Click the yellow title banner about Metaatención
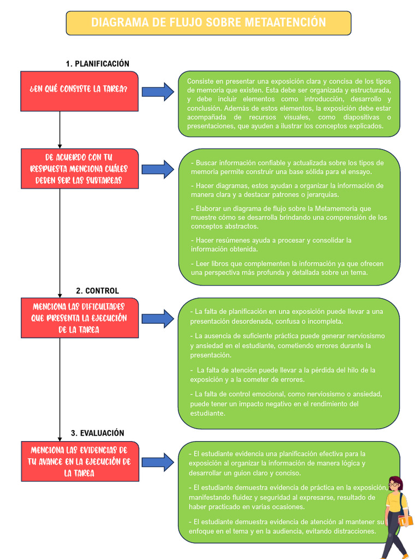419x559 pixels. click(x=208, y=23)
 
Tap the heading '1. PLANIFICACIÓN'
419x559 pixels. click(x=97, y=64)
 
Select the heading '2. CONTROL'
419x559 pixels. click(x=97, y=291)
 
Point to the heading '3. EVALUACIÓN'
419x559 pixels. click(x=97, y=433)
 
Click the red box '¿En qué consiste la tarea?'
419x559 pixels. click(x=80, y=91)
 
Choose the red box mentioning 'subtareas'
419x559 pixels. click(x=80, y=169)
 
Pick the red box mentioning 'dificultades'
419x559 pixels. click(x=80, y=318)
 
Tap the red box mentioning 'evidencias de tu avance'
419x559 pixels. click(x=80, y=461)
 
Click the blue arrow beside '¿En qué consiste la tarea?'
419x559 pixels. click(x=158, y=92)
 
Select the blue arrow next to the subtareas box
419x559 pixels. click(x=158, y=169)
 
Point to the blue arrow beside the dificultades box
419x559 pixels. click(x=158, y=319)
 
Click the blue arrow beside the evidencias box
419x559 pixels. click(x=158, y=462)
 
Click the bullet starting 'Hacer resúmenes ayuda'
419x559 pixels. click(x=271, y=245)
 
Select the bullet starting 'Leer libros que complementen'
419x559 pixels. click(x=287, y=268)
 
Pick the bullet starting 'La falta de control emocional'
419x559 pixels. click(x=286, y=403)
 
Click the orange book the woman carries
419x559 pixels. click(x=405, y=521)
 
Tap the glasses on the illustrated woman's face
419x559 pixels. click(x=394, y=485)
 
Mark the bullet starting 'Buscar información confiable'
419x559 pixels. click(x=287, y=167)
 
